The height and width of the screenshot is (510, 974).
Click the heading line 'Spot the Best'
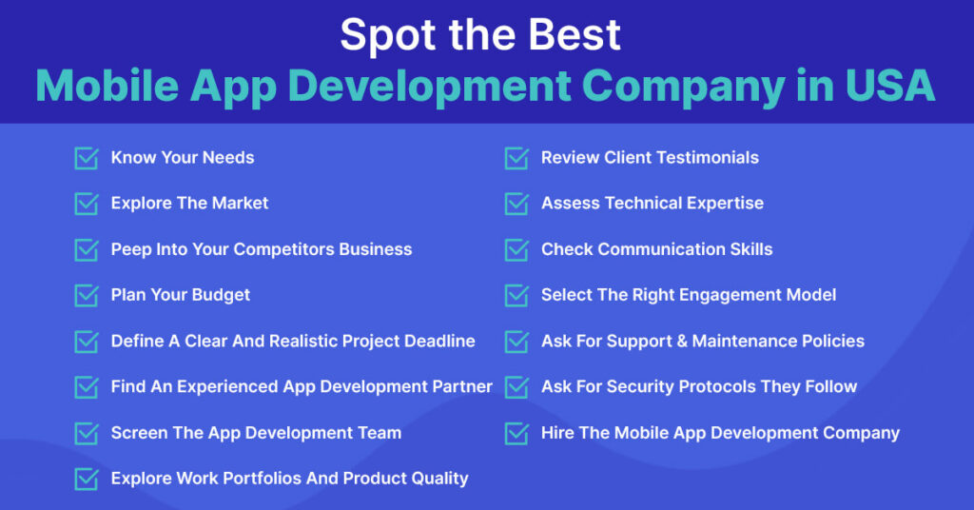[480, 35]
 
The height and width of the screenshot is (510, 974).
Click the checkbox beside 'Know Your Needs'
[87, 158]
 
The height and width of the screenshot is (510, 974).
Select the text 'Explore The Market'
[189, 204]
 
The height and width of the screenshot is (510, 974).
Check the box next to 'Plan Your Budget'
[87, 295]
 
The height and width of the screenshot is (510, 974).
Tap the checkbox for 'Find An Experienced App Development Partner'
[87, 386]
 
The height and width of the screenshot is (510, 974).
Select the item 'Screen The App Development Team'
[256, 433]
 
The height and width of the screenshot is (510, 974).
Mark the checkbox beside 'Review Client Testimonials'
[516, 158]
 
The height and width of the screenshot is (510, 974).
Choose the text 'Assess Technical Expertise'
[652, 204]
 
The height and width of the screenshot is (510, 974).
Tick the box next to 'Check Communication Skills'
[516, 249]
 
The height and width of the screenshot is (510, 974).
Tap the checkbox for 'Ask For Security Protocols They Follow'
[516, 386]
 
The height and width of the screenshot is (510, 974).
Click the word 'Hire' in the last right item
[557, 433]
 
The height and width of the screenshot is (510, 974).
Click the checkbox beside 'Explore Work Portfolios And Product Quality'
[87, 479]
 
